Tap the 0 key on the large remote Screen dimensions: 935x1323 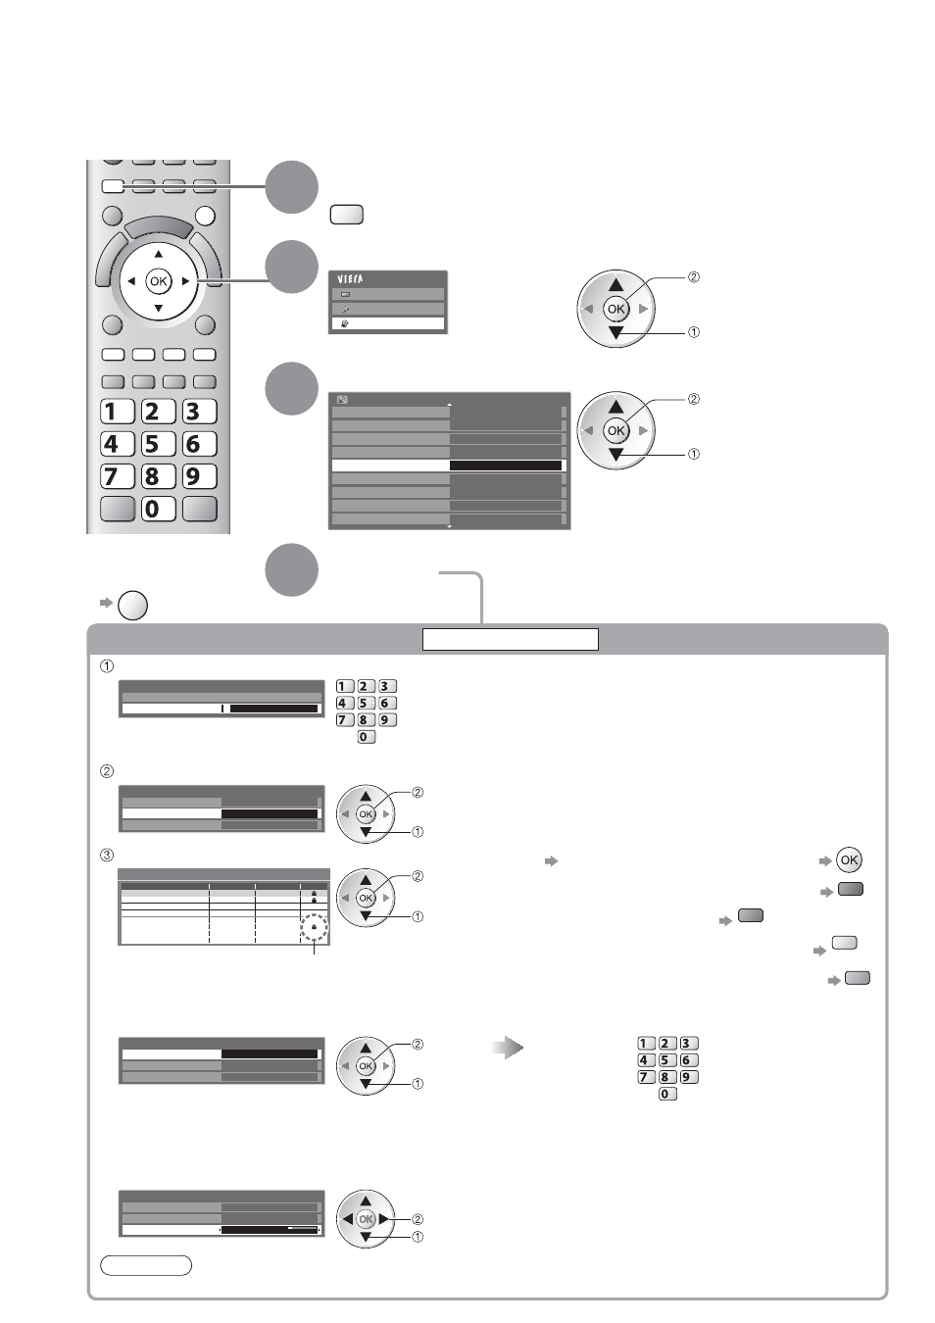pos(158,509)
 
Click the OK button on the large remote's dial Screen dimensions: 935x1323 pos(159,281)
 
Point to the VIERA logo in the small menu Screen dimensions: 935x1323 pos(350,278)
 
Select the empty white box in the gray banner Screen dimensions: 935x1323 pos(511,639)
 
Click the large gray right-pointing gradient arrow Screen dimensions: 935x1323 pos(508,1048)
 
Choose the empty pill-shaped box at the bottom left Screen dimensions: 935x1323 pos(146,1266)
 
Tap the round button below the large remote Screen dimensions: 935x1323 pos(133,605)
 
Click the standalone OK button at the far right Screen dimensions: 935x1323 pos(849,860)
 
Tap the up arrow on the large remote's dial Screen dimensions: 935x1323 pos(159,255)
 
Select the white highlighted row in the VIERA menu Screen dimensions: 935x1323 pos(387,323)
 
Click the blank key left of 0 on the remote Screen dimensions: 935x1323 pos(118,509)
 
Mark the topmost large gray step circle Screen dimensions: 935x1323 pos(292,186)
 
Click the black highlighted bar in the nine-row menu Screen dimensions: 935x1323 pos(506,465)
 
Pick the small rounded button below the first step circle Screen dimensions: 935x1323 pos(347,215)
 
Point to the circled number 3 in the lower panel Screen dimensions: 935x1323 pos(107,856)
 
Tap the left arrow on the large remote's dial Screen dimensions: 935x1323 pos(131,281)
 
